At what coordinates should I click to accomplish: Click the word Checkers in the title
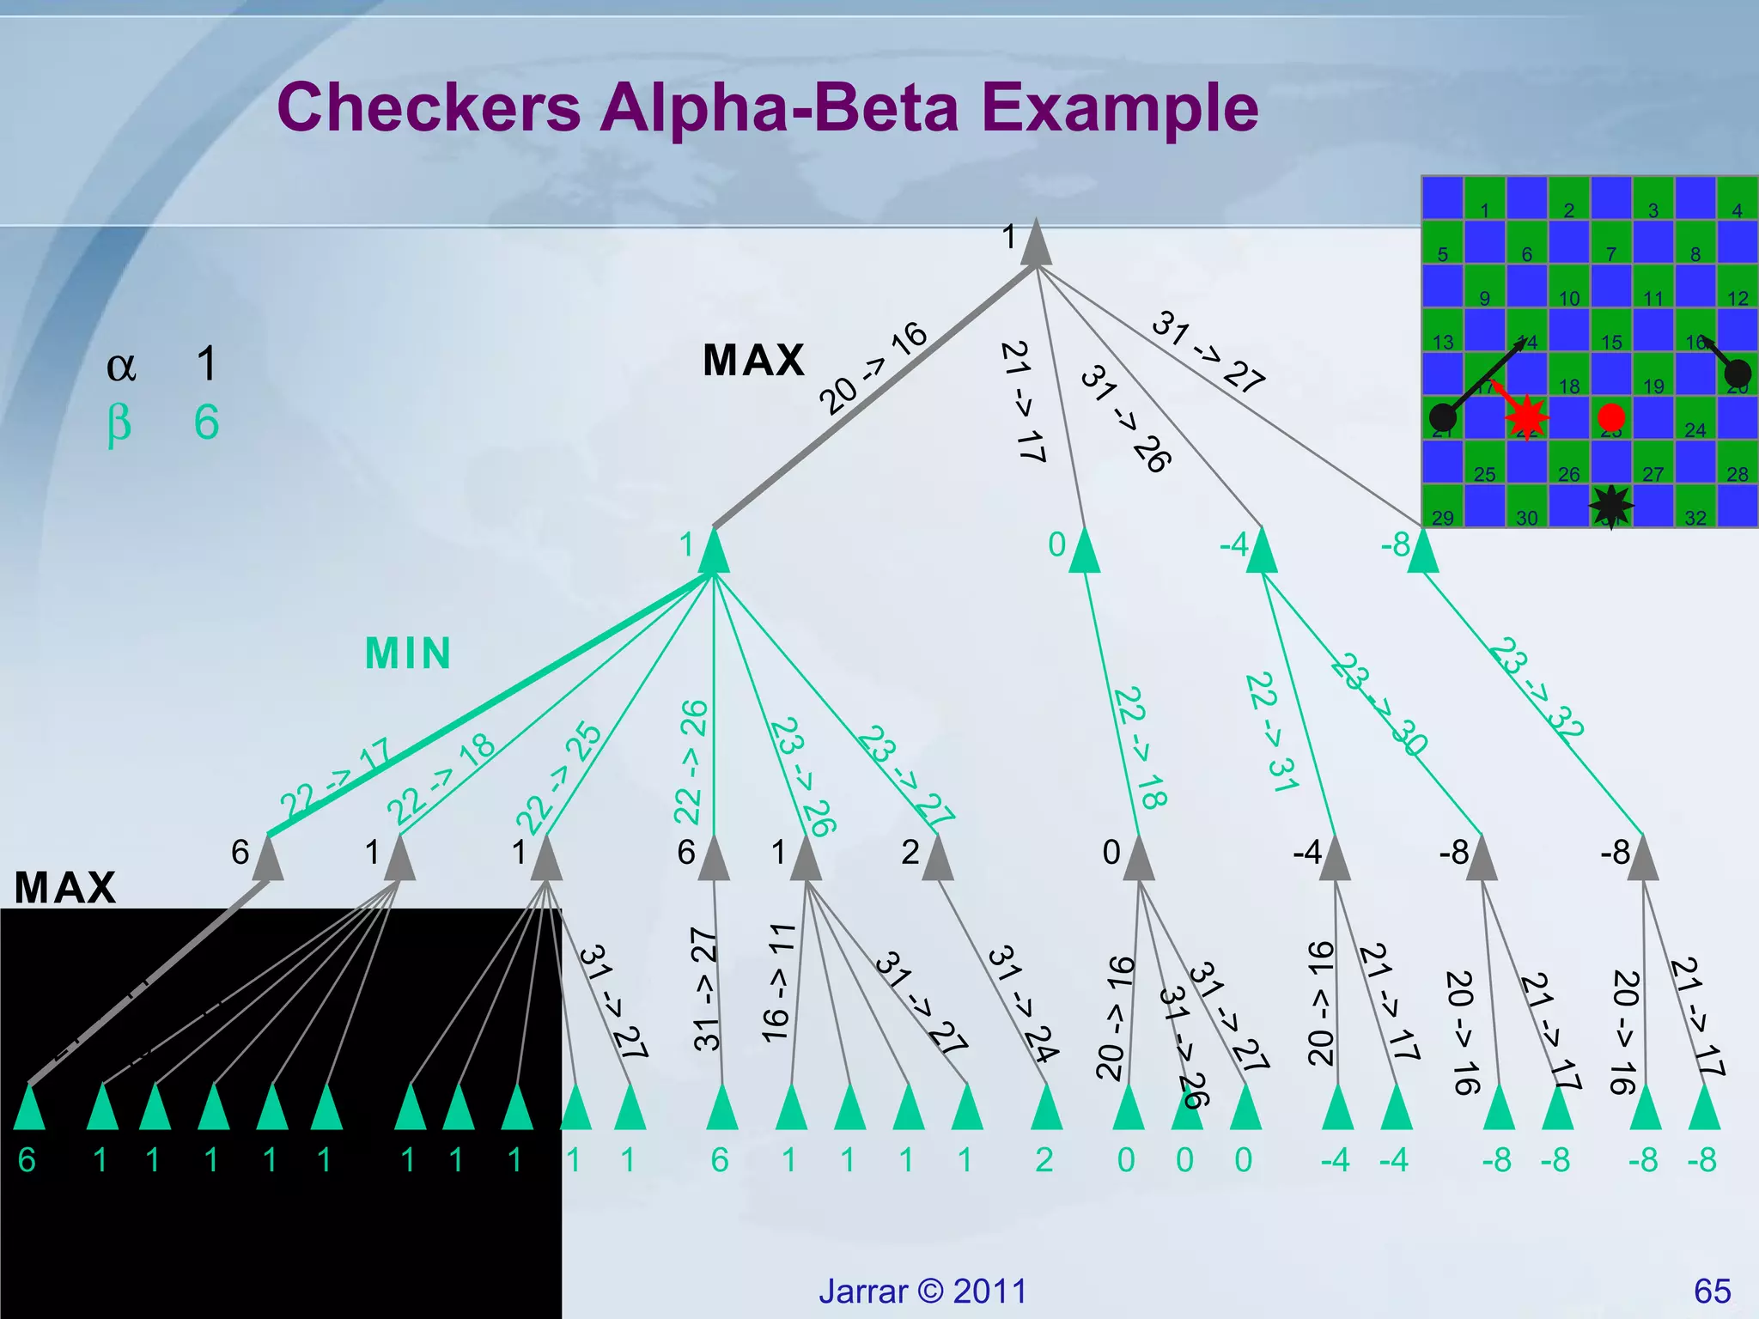[x=429, y=107]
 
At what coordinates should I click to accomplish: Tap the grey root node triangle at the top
[x=1037, y=244]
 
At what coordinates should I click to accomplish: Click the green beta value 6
[x=206, y=422]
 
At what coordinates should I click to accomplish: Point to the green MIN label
[x=408, y=653]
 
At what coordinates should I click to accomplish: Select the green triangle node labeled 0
[x=1085, y=552]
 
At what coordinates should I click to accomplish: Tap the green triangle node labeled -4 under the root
[x=1262, y=552]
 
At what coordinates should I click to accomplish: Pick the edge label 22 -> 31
[x=1272, y=732]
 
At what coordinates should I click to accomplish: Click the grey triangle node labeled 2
[x=938, y=860]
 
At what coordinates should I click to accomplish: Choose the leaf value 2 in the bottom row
[x=1044, y=1160]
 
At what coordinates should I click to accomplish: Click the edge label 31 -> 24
[x=1023, y=1004]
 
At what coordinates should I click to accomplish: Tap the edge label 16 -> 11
[x=778, y=984]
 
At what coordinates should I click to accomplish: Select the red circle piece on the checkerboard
[x=1611, y=417]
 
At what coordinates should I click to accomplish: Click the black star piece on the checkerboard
[x=1610, y=507]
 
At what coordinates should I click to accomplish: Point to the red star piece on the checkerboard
[x=1527, y=417]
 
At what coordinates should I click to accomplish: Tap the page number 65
[x=1712, y=1292]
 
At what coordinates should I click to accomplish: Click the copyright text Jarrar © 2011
[x=922, y=1292]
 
